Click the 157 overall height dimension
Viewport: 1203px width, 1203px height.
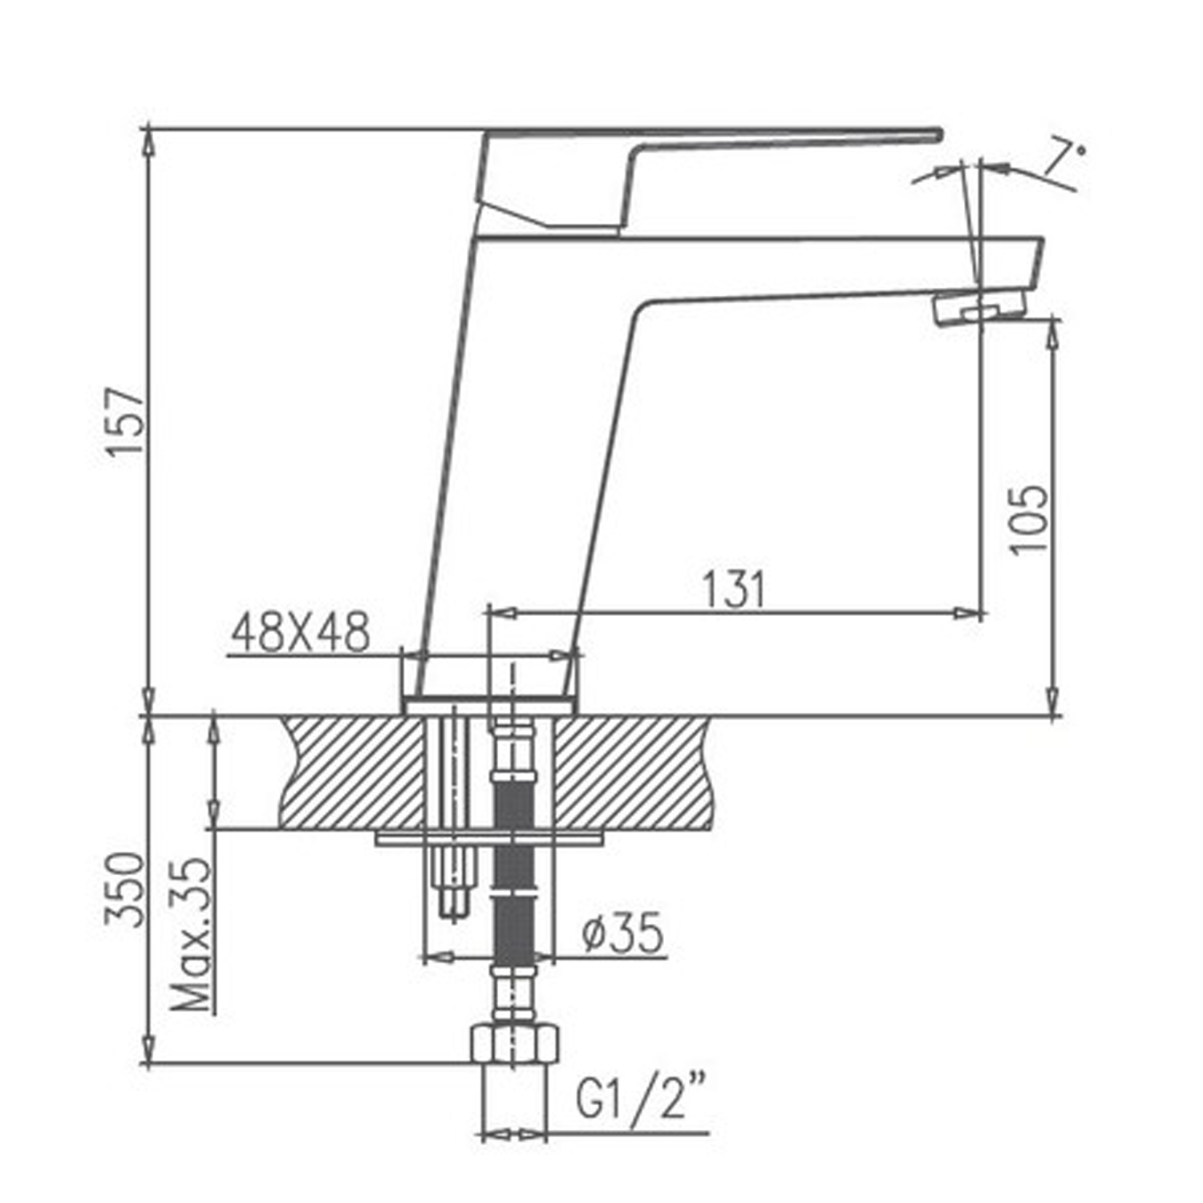126,422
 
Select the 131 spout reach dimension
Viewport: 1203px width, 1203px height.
735,589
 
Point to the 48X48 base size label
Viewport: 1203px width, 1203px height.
300,633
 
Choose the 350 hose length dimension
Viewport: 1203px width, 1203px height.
126,889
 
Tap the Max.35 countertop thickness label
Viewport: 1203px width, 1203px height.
192,934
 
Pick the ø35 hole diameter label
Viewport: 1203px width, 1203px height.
623,933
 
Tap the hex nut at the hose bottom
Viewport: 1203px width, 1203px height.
513,1043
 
